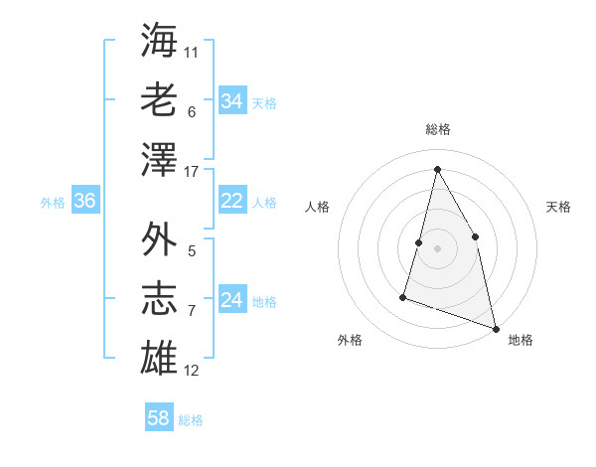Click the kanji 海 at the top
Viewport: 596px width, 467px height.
pos(160,40)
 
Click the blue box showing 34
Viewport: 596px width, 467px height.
pos(232,101)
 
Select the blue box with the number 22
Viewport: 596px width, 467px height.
pos(232,201)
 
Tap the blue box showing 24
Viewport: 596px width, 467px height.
pos(232,300)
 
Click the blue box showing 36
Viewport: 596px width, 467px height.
pos(85,201)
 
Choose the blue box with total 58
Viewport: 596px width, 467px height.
pos(159,418)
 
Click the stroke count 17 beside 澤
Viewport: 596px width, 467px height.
pos(193,171)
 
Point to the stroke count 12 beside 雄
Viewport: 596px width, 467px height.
pos(193,371)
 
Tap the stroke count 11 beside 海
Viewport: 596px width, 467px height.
pos(192,52)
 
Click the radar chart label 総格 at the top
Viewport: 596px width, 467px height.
pos(437,129)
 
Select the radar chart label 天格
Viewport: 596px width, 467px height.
pos(558,207)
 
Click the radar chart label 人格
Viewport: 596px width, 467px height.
pos(317,207)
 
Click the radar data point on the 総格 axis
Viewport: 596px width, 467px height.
pos(437,168)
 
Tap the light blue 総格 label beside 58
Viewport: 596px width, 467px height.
pos(191,419)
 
